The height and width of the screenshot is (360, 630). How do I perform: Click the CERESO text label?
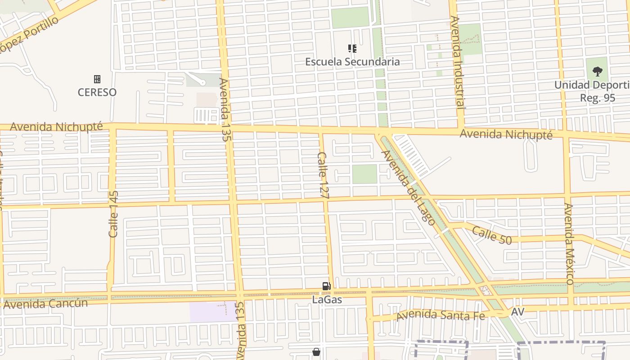(97, 92)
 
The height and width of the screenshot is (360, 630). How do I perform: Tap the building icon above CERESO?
(97, 79)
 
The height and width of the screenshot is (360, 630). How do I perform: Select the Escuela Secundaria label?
(352, 62)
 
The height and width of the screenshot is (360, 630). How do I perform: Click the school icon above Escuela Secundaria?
(352, 48)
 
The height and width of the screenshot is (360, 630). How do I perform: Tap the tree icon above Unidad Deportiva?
(597, 71)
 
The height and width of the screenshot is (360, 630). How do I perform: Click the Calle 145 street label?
(113, 214)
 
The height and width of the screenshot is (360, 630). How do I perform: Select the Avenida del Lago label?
(408, 188)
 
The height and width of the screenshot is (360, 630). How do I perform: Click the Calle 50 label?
(492, 235)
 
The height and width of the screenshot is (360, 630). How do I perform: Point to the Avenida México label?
(569, 243)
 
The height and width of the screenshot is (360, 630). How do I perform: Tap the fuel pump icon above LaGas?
(326, 286)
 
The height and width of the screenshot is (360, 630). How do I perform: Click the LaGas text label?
(327, 299)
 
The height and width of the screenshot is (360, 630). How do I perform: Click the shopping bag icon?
(316, 352)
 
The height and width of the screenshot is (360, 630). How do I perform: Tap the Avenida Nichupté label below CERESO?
(56, 126)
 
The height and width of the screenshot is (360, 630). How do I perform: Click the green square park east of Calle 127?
(364, 174)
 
